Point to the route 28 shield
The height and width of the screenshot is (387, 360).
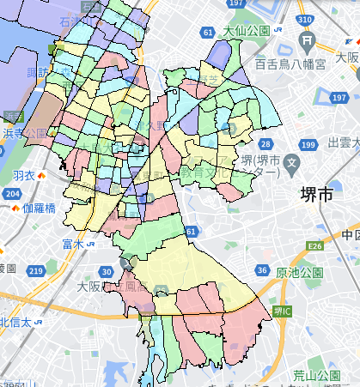click(x=267, y=144)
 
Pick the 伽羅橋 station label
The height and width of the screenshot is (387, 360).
click(x=39, y=208)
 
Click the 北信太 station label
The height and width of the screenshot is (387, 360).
click(x=15, y=322)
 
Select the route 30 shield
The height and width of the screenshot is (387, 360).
click(x=106, y=271)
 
